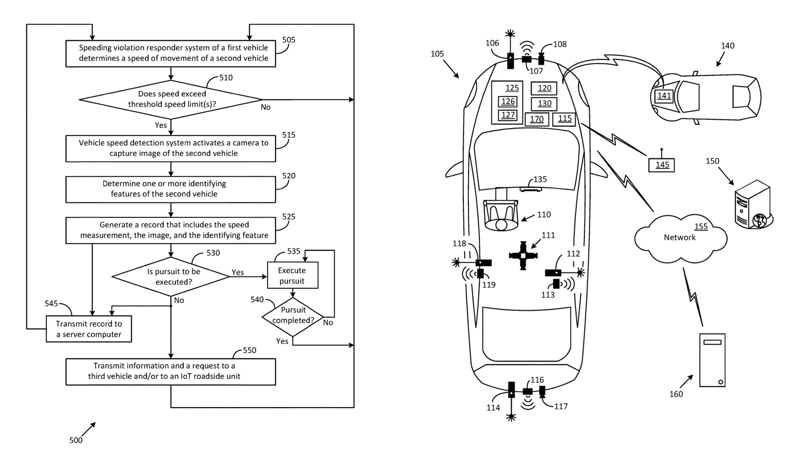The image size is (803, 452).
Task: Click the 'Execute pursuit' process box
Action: click(292, 275)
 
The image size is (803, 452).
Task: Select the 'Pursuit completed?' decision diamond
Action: click(293, 317)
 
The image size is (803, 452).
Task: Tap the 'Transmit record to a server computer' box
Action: click(89, 329)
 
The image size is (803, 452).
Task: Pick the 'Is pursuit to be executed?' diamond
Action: click(171, 277)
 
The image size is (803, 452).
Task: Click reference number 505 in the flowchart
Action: click(289, 40)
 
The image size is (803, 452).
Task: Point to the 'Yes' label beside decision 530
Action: click(238, 272)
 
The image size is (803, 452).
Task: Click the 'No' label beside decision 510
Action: click(266, 107)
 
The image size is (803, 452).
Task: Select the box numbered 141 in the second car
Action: click(664, 95)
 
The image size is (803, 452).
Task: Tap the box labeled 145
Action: click(662, 164)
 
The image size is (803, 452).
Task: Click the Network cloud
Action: click(680, 237)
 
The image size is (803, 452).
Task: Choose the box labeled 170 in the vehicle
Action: click(537, 119)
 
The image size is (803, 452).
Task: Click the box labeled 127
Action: click(508, 115)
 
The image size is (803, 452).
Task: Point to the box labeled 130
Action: click(544, 103)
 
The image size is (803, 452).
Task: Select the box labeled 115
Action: click(564, 118)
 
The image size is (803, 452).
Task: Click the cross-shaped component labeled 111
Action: click(523, 255)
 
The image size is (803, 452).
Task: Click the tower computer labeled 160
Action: click(712, 360)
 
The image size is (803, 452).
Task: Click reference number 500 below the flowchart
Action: click(76, 440)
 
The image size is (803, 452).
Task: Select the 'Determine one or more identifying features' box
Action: click(171, 190)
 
